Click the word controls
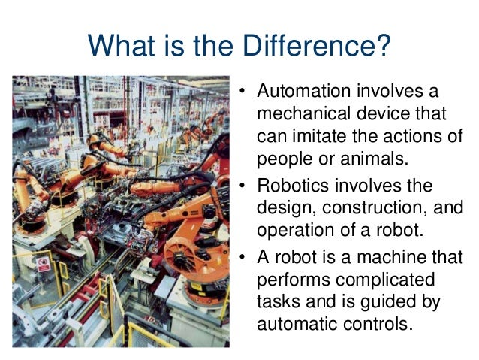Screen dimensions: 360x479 coord(378,324)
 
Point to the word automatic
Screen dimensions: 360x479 coord(296,324)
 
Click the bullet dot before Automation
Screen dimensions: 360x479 coord(243,94)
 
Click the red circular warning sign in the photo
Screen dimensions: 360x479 coord(44,265)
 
